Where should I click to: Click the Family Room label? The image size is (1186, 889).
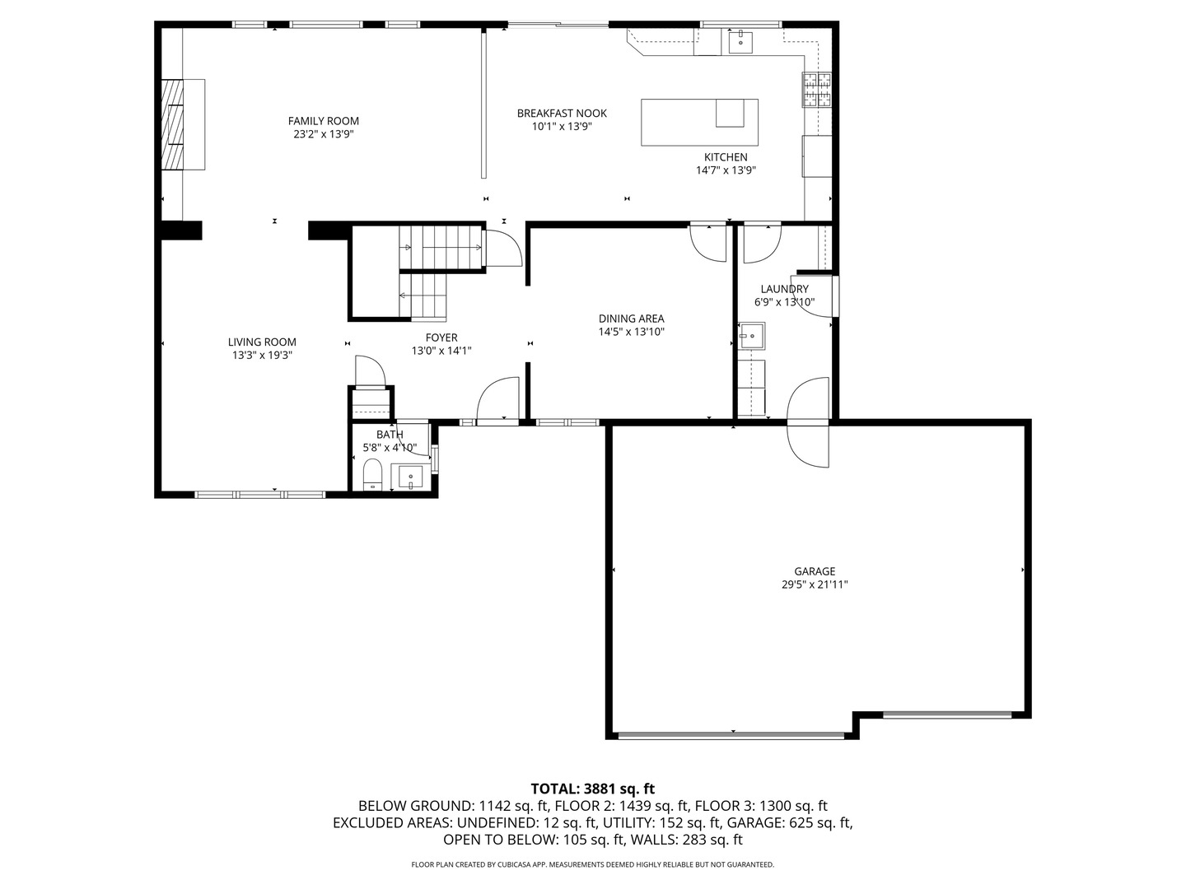click(323, 121)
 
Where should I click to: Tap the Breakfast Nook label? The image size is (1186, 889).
click(562, 114)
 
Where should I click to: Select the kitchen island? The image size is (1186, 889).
click(699, 122)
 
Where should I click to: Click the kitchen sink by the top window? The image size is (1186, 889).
click(740, 42)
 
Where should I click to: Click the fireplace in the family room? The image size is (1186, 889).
click(183, 124)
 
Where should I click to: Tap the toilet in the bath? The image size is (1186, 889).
click(372, 474)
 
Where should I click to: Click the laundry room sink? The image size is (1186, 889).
click(752, 337)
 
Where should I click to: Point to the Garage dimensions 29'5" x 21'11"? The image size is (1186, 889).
click(815, 584)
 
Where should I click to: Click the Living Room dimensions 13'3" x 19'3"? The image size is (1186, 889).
click(262, 355)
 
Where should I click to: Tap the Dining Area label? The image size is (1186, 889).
click(631, 319)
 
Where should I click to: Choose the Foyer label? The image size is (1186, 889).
click(441, 337)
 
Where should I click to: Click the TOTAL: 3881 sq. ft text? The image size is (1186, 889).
click(593, 789)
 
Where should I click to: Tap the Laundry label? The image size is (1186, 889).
click(785, 289)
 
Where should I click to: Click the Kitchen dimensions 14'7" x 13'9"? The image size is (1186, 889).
click(726, 170)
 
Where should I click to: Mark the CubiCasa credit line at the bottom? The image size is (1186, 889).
click(593, 864)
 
